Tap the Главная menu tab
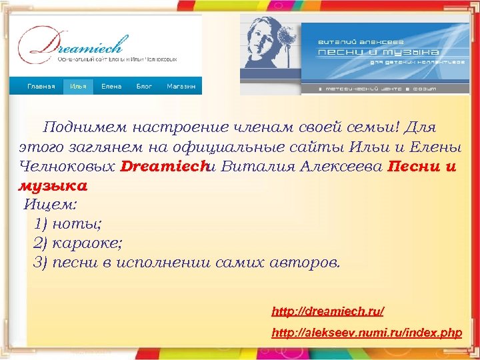(x=41, y=87)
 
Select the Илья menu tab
(x=77, y=87)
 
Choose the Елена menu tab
(x=111, y=87)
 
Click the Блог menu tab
(x=144, y=87)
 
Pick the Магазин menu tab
(x=181, y=87)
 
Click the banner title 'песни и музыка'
(x=377, y=52)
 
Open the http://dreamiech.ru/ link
(x=327, y=311)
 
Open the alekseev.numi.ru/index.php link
(x=367, y=333)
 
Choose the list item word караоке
(x=89, y=243)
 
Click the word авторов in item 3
(x=304, y=262)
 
